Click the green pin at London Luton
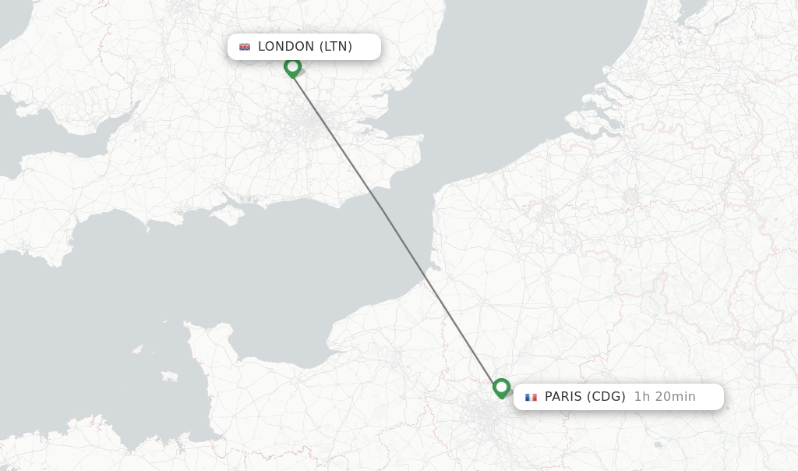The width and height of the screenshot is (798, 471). tap(292, 67)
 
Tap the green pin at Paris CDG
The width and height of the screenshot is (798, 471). tap(501, 387)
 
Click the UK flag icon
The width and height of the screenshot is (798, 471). tap(245, 47)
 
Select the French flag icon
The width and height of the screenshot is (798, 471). tap(531, 397)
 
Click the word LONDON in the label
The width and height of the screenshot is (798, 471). tap(286, 47)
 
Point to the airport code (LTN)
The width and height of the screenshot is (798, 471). tap(336, 47)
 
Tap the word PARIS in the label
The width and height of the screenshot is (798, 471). tap(563, 397)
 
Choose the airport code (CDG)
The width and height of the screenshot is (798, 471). tap(606, 397)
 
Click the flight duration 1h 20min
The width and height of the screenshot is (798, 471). tap(665, 397)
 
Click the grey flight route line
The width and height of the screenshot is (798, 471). tap(397, 227)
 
